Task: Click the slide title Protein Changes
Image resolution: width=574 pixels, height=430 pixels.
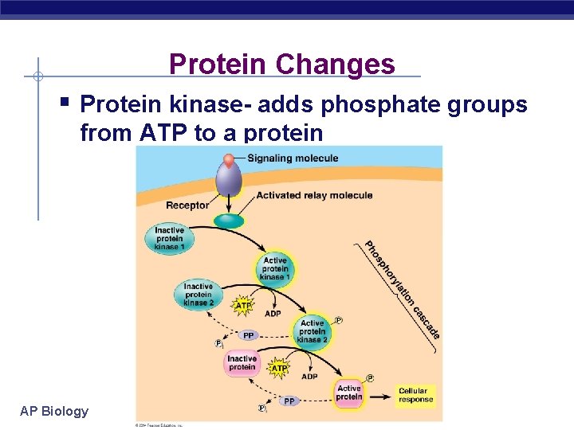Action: point(281,64)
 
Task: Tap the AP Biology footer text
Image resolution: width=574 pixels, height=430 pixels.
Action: point(54,411)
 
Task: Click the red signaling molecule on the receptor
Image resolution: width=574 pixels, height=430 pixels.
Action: point(229,160)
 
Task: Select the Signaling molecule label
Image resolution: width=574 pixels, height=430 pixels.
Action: point(293,158)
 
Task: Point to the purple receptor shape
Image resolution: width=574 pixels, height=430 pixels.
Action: point(229,179)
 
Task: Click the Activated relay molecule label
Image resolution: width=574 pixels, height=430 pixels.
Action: point(314,195)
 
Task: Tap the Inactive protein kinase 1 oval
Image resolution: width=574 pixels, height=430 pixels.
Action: point(169,239)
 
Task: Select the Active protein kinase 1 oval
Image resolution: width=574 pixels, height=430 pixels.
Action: point(274,268)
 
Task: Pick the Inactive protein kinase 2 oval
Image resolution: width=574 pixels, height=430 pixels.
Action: point(198,295)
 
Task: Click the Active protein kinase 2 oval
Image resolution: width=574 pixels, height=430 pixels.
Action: point(312,331)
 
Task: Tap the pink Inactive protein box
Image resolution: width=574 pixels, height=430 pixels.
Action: point(242,363)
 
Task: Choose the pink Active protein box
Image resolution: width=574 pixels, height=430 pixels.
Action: point(348,393)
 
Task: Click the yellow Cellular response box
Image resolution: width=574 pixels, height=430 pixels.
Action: point(414,395)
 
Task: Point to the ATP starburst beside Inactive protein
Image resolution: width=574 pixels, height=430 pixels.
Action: point(279,369)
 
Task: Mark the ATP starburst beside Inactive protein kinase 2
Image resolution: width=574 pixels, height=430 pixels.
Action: point(243,305)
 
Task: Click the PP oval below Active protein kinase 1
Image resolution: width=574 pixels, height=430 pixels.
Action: point(249,335)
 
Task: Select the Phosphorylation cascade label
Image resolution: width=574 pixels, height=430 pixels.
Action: point(403,289)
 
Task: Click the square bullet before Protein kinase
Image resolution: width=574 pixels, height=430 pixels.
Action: point(64,103)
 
